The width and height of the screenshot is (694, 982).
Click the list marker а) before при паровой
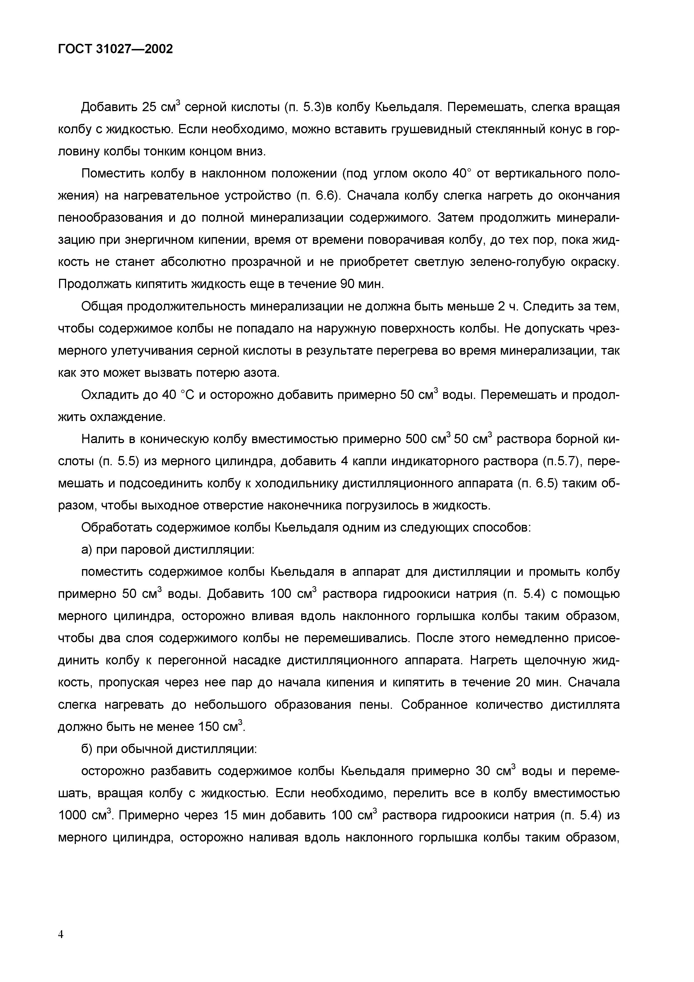tap(87, 550)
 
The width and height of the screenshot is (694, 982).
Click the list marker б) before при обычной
tap(87, 749)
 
